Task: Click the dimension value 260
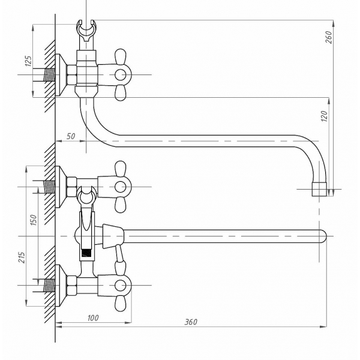pyautogui.click(x=329, y=37)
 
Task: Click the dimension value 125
pyautogui.click(x=28, y=61)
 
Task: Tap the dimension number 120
pyautogui.click(x=324, y=116)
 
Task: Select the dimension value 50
pyautogui.click(x=70, y=136)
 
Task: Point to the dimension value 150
pyautogui.click(x=34, y=220)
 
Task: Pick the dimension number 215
pyautogui.click(x=22, y=257)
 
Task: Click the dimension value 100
pyautogui.click(x=93, y=318)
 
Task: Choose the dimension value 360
pyautogui.click(x=191, y=322)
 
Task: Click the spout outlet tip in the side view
pyautogui.click(x=319, y=189)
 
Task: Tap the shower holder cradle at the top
pyautogui.click(x=86, y=31)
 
